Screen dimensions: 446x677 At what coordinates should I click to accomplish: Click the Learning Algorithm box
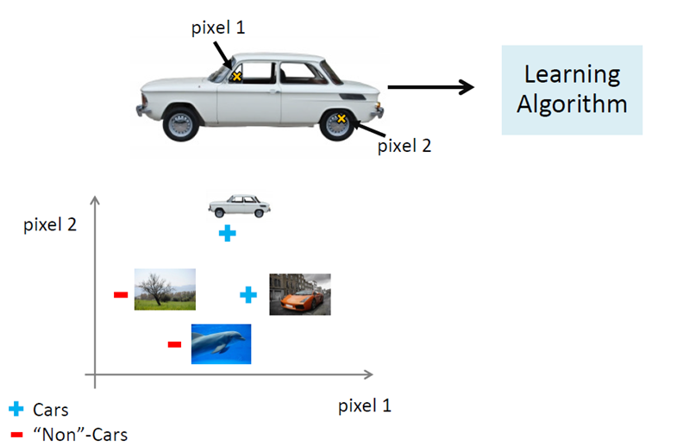[572, 90]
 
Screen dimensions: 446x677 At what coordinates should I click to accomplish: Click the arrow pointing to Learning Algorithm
[431, 86]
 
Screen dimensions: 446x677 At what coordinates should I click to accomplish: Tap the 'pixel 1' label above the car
[218, 28]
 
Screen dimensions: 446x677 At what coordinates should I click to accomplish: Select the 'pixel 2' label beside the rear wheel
[404, 145]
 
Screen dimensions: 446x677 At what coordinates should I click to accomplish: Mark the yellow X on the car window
[236, 77]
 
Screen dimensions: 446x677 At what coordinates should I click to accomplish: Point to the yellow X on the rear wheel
[341, 118]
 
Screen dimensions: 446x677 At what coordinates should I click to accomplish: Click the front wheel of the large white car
[181, 122]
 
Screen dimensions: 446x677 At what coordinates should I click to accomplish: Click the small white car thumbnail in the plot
[239, 205]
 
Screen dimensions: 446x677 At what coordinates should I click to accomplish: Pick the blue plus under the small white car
[227, 233]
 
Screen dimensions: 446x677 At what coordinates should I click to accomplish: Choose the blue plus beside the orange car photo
[248, 295]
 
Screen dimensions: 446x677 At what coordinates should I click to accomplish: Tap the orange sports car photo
[299, 293]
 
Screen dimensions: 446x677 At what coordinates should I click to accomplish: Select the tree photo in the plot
[164, 289]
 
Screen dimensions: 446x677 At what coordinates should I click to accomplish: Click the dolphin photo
[221, 343]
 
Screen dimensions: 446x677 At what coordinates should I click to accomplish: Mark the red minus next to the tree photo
[121, 295]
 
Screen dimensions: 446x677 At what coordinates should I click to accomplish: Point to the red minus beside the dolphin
[174, 345]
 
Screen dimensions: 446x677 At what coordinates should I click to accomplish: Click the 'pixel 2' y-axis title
[50, 226]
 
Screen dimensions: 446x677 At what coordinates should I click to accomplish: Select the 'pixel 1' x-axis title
[364, 405]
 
